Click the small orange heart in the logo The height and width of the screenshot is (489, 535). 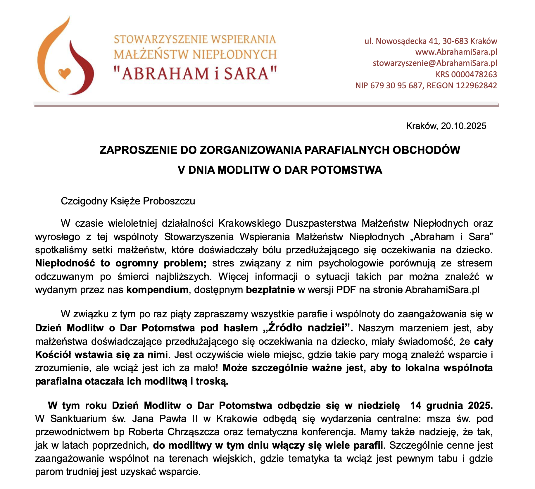pyautogui.click(x=65, y=73)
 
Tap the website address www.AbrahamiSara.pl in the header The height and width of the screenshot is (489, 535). pyautogui.click(x=456, y=52)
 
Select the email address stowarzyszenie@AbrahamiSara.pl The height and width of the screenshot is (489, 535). pyautogui.click(x=435, y=63)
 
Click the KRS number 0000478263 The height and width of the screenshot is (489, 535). pyautogui.click(x=474, y=74)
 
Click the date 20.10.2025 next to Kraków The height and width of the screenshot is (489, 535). pyautogui.click(x=464, y=126)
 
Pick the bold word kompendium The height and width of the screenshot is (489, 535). pyautogui.click(x=157, y=290)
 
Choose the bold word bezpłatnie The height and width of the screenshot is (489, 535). pyautogui.click(x=270, y=290)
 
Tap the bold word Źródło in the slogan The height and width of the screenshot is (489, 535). pyautogui.click(x=285, y=328)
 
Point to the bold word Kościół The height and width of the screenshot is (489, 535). pyautogui.click(x=53, y=354)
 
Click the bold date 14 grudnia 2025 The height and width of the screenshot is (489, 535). pyautogui.click(x=451, y=405)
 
